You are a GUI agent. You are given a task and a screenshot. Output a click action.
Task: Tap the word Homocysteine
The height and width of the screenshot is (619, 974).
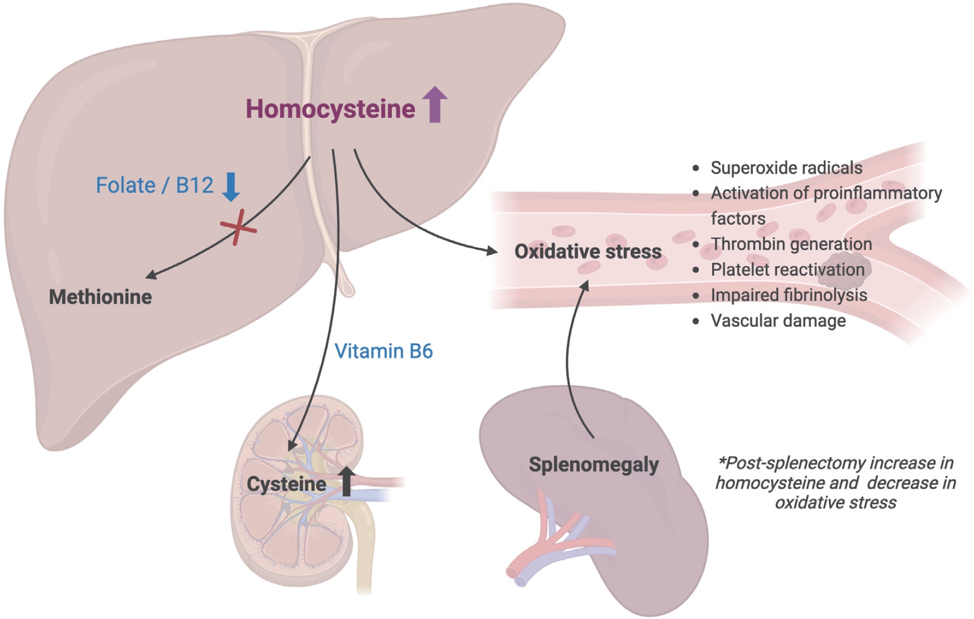tap(330, 109)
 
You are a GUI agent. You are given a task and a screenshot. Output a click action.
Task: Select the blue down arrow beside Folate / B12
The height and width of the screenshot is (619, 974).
tap(231, 187)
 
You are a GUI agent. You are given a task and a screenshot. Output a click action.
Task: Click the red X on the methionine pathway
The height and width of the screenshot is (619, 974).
tap(238, 227)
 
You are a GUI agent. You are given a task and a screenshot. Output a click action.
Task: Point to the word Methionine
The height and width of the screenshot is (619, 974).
tap(100, 297)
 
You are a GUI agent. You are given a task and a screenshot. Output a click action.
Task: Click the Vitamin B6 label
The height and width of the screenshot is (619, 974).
tap(383, 351)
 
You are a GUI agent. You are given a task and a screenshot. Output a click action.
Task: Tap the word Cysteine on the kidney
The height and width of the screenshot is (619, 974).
tap(286, 484)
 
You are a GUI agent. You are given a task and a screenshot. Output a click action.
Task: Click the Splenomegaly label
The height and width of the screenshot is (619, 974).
tap(594, 465)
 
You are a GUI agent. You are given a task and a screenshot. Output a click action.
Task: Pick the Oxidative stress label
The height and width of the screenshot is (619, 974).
tap(588, 251)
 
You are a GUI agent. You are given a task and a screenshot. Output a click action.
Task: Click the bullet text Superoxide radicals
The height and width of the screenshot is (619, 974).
tap(786, 168)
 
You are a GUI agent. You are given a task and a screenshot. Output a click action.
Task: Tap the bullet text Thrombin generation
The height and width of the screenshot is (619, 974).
tap(791, 244)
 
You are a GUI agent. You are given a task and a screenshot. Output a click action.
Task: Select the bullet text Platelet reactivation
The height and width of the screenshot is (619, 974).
tap(787, 269)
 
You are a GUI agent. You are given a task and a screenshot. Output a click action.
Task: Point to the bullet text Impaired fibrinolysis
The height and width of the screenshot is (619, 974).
tap(788, 295)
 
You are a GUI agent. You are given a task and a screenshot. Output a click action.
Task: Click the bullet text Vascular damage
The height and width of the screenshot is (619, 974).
tap(778, 321)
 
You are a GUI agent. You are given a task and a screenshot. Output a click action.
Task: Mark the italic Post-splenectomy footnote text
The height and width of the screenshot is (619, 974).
tap(836, 483)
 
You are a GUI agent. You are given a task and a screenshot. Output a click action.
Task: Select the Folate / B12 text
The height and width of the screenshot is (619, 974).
tap(154, 186)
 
